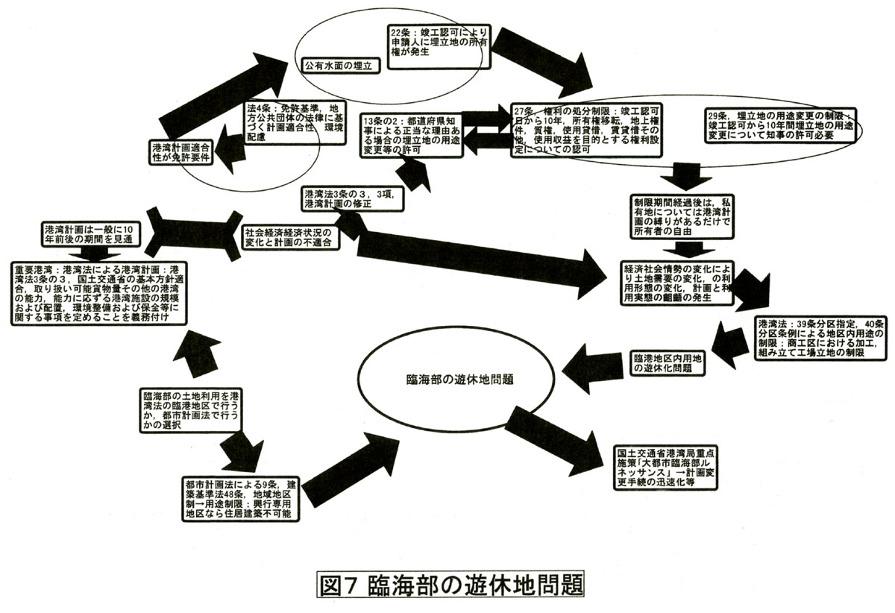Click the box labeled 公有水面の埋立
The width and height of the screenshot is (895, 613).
click(x=342, y=65)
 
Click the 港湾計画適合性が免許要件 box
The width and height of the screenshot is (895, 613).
click(x=181, y=151)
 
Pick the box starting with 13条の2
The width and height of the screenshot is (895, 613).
click(x=411, y=135)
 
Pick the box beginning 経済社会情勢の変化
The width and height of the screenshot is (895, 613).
click(x=674, y=282)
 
